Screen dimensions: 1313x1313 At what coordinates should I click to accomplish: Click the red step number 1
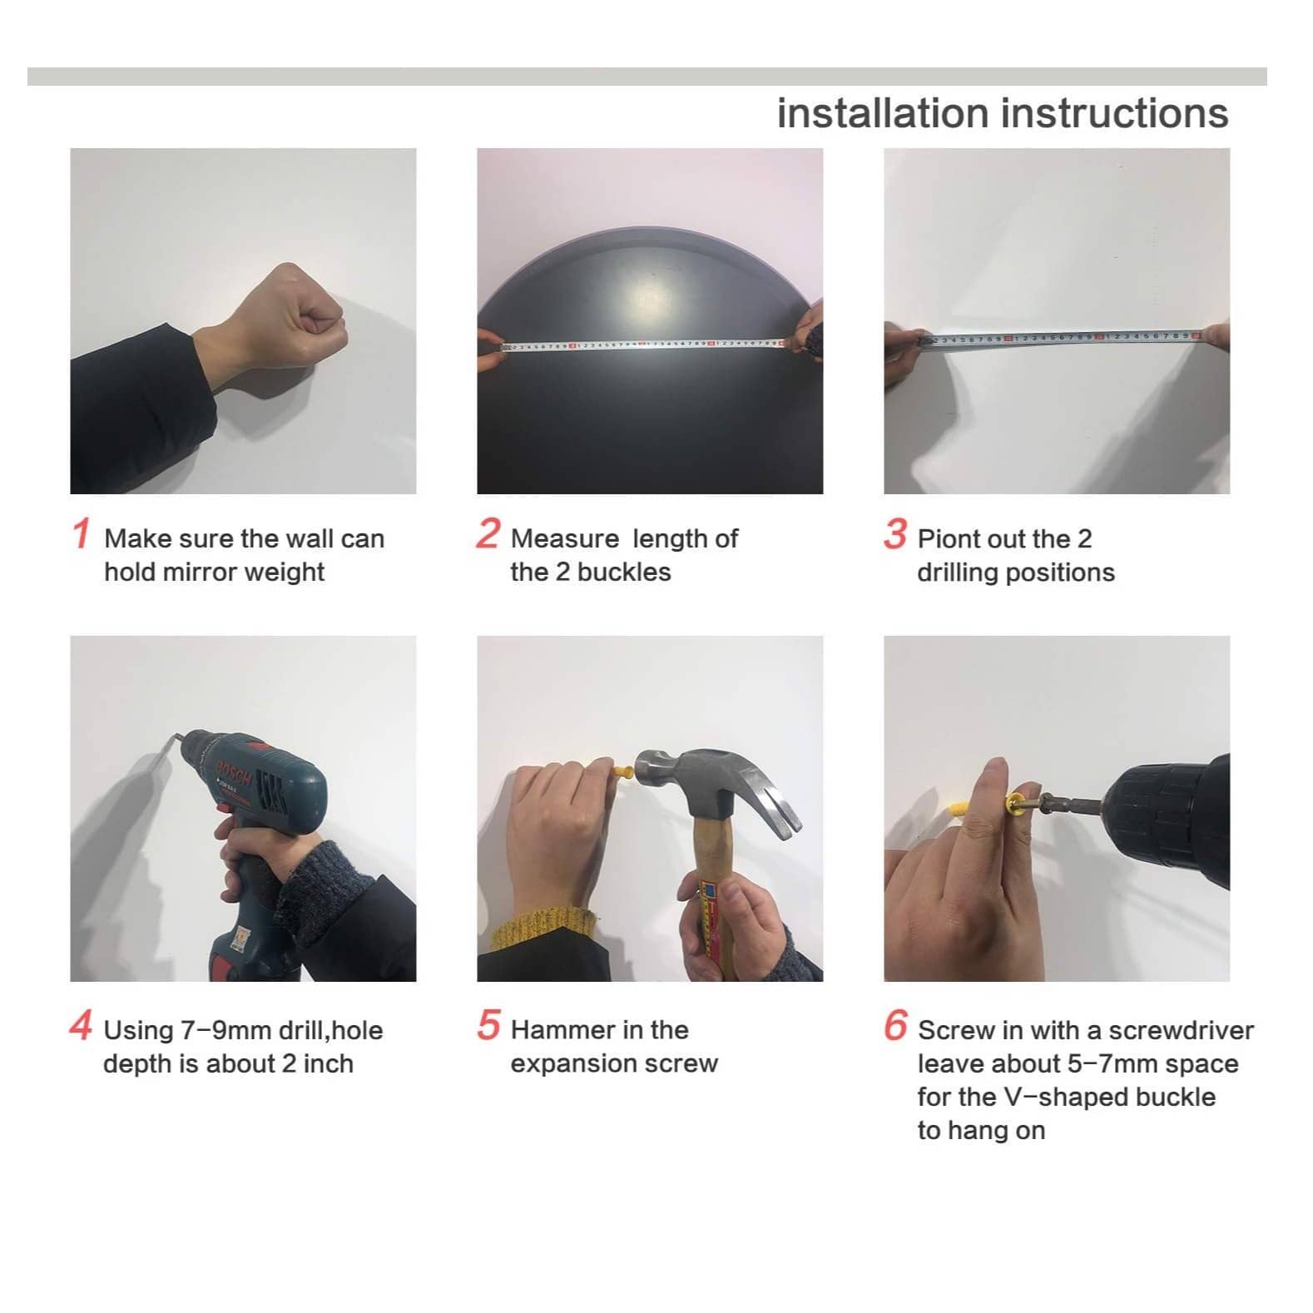point(81,534)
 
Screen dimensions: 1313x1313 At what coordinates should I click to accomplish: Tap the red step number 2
point(488,534)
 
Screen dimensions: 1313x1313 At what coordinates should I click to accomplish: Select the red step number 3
point(895,534)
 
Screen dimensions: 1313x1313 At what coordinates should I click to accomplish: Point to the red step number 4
point(81,1026)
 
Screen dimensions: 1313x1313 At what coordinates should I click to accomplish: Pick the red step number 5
point(488,1025)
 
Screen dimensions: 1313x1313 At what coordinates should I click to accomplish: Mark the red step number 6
point(895,1025)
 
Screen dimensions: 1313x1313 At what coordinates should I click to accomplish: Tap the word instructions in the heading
point(1115,113)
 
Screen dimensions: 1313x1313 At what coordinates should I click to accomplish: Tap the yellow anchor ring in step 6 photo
point(1016,804)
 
